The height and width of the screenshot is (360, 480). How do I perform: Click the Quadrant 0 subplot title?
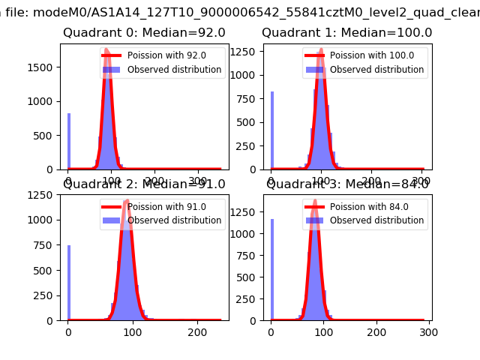tap(144, 33)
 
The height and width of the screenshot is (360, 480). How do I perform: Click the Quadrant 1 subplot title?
tap(346, 33)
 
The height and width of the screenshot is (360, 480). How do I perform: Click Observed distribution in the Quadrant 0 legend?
tap(174, 70)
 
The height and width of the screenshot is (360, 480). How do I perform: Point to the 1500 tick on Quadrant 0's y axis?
tap(41, 67)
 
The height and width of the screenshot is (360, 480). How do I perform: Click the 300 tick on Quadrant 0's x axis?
tap(198, 181)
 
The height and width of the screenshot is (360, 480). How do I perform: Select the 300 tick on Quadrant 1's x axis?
tap(421, 181)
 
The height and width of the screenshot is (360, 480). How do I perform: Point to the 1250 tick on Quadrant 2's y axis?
tap(41, 195)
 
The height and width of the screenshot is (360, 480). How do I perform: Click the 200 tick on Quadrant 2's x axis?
tap(197, 332)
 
